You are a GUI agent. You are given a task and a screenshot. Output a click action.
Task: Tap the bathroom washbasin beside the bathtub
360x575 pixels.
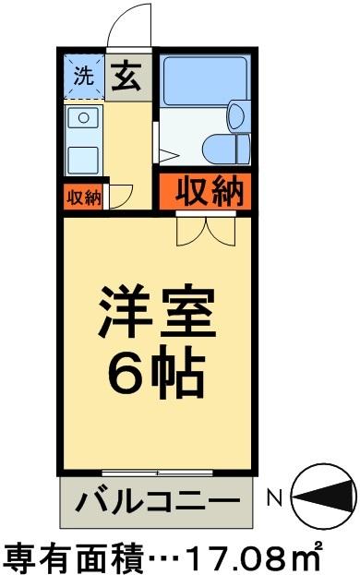234,114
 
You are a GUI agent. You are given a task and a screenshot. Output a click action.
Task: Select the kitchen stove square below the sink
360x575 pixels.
84,156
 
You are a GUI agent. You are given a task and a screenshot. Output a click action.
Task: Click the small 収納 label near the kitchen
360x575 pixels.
84,198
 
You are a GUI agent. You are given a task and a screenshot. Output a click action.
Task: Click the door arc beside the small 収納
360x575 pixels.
120,196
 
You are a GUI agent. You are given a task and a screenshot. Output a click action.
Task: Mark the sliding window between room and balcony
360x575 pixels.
157,473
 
